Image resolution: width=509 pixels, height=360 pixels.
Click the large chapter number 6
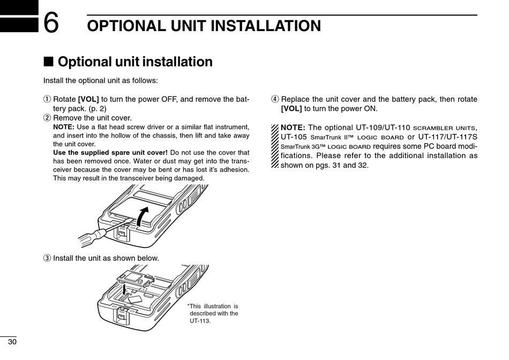point(51,22)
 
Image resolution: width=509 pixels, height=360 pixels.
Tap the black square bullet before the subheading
point(48,62)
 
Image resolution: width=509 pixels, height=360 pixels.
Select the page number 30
point(12,342)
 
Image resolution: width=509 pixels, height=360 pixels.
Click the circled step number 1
point(47,99)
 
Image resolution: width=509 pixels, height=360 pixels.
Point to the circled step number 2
point(47,117)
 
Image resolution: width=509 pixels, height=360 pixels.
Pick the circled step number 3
point(47,258)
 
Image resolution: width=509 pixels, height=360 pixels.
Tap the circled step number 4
point(275,99)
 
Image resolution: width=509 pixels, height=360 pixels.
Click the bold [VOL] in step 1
point(88,99)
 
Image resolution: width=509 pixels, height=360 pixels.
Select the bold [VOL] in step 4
point(291,108)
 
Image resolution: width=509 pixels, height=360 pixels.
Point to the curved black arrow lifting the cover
point(142,216)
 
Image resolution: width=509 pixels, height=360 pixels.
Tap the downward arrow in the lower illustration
point(125,289)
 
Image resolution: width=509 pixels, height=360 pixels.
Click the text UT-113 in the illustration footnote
point(200,321)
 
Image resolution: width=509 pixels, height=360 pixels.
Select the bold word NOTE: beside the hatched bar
point(293,127)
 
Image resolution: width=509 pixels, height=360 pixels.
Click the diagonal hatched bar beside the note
point(275,146)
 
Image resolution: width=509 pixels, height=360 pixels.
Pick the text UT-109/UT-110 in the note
point(383,127)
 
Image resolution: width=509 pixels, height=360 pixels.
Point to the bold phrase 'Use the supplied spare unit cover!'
point(110,153)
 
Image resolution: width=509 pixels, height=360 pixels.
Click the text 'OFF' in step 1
point(169,99)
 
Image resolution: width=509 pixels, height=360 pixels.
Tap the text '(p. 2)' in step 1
point(97,108)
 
